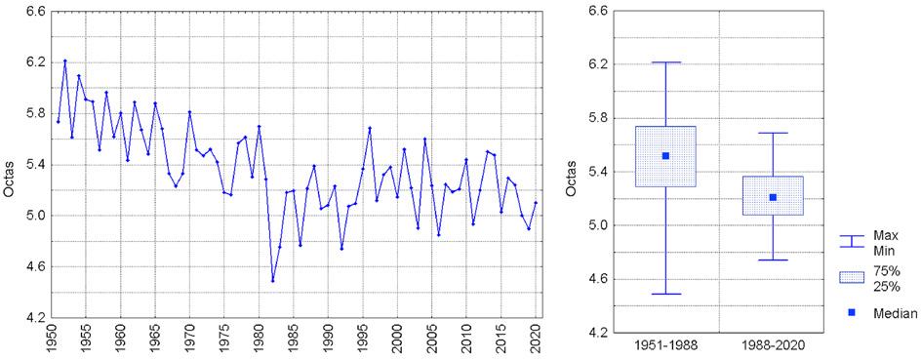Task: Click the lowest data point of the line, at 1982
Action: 272,281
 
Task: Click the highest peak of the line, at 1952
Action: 64,60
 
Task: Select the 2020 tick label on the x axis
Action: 536,338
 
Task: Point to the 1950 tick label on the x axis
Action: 52,338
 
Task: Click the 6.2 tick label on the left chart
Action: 36,62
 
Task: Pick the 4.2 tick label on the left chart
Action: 36,318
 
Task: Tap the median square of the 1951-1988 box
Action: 665,156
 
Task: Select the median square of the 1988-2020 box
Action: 773,197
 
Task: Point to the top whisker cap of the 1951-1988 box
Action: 665,62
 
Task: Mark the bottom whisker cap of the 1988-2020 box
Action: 773,260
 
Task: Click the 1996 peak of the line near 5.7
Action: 370,128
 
